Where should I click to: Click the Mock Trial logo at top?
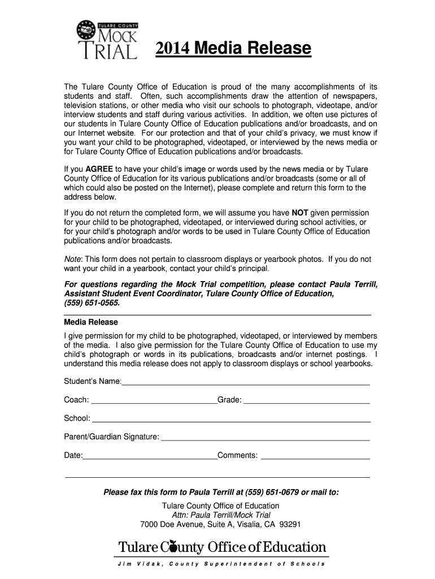click(x=107, y=40)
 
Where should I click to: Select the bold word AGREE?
click(x=99, y=169)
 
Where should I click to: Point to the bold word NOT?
click(x=299, y=213)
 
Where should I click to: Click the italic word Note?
click(x=73, y=259)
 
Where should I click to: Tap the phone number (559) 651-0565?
click(x=92, y=303)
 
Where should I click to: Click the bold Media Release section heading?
click(x=91, y=322)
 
